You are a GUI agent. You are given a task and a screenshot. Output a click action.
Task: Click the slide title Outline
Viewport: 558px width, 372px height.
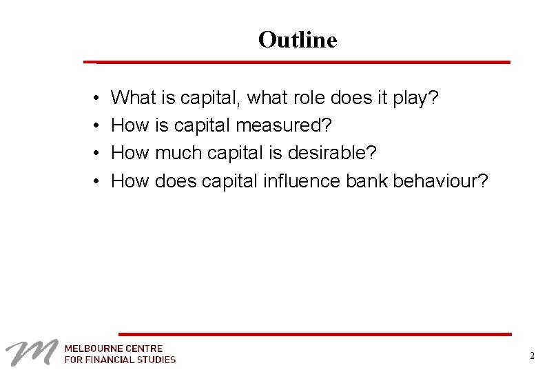click(298, 40)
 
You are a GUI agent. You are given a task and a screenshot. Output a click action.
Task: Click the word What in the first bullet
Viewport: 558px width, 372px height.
click(134, 98)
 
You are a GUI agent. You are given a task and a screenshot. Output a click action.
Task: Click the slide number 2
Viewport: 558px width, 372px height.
click(532, 356)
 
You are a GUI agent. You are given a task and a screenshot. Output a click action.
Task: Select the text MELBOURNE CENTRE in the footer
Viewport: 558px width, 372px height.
click(114, 348)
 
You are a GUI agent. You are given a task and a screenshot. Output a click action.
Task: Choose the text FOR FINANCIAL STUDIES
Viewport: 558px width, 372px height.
click(120, 359)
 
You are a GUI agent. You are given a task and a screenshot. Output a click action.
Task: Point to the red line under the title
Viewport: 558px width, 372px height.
click(303, 62)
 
